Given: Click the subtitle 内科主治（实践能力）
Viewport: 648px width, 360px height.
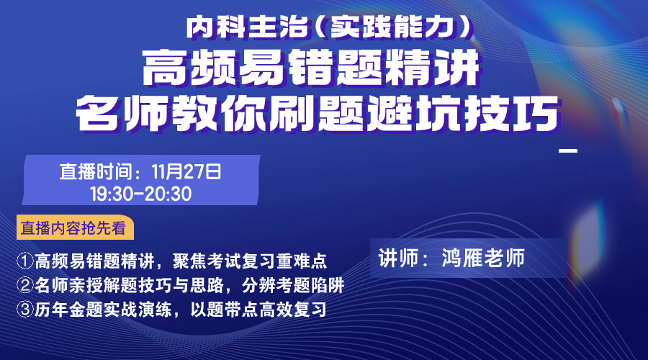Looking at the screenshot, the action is tap(329, 27).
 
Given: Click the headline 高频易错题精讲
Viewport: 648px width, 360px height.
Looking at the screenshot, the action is tap(311, 68).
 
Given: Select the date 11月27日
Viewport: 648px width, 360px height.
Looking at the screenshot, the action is tap(186, 172).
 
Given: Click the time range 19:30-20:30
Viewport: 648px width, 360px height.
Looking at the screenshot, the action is tap(141, 194).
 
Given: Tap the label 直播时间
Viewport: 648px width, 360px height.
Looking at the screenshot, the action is tap(96, 172).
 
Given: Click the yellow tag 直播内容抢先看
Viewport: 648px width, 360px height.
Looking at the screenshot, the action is tap(75, 228).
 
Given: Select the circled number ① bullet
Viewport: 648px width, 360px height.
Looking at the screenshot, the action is tap(24, 261).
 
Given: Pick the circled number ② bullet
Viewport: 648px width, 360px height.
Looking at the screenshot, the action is tap(24, 285).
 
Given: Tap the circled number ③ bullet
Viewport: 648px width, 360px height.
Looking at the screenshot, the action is tap(24, 310).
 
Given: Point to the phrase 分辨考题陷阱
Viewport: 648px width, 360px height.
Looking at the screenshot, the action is tap(293, 285).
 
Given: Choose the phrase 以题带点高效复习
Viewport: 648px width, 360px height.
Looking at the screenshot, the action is tap(258, 310).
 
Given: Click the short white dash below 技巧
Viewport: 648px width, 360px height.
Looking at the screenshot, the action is tap(568, 150).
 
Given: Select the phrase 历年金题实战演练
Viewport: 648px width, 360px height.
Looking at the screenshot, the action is tap(103, 310).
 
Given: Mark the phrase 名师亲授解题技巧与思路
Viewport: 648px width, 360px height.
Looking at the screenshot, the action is tap(130, 285).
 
